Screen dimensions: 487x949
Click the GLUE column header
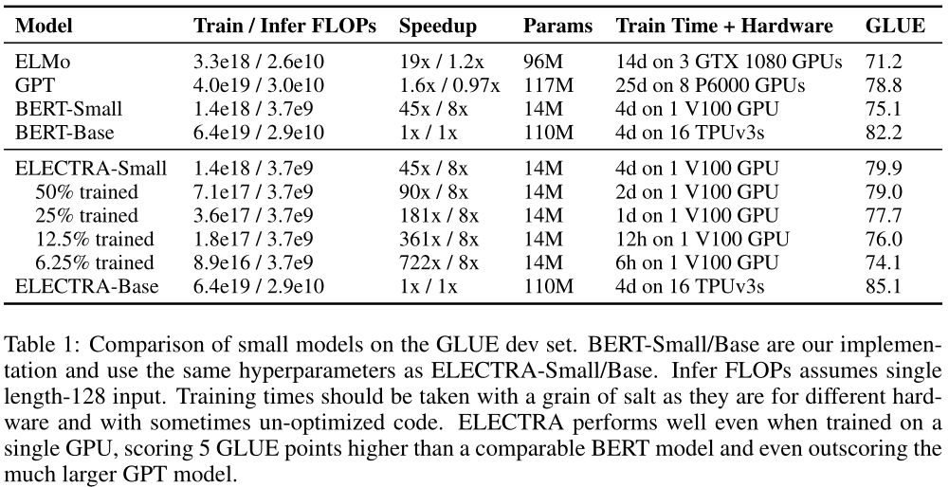pyautogui.click(x=895, y=27)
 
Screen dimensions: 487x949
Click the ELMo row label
pyautogui.click(x=44, y=63)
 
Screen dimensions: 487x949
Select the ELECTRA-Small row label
pyautogui.click(x=92, y=170)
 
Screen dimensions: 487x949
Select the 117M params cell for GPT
pyautogui.click(x=544, y=85)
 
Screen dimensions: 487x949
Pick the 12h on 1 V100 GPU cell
pyautogui.click(x=703, y=239)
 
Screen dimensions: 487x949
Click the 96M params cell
pyautogui.click(x=540, y=63)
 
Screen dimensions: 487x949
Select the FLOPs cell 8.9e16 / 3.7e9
pyautogui.click(x=254, y=262)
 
